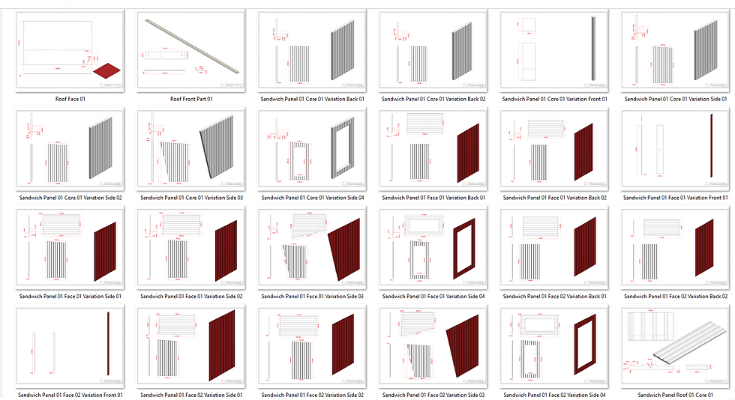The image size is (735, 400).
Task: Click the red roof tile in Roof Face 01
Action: [x=106, y=70]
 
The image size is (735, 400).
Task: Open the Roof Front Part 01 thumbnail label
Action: [x=191, y=98]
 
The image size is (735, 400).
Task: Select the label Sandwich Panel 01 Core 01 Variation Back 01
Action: [x=312, y=98]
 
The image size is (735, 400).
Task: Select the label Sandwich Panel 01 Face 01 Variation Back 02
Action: [x=554, y=198]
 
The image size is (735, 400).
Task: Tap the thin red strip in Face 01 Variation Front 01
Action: [x=709, y=147]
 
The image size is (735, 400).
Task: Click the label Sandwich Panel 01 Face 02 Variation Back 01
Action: [x=554, y=296]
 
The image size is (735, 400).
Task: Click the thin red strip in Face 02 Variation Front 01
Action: [x=109, y=347]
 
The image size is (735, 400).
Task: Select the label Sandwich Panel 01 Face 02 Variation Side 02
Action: [x=312, y=395]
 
